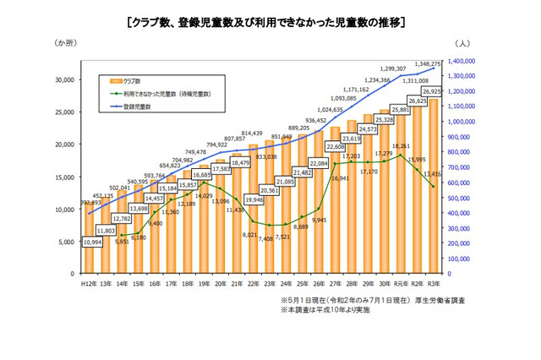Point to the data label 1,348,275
[x=447, y=63]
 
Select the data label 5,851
[x=122, y=242]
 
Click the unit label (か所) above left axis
[x=67, y=42]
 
